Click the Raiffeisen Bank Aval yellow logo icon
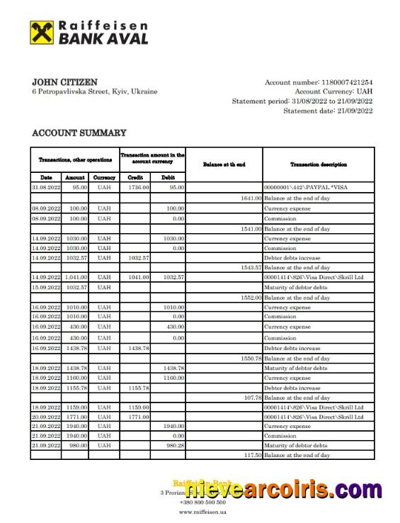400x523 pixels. click(41, 33)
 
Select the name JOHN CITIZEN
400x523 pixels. click(65, 82)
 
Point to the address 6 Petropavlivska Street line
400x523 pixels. click(95, 92)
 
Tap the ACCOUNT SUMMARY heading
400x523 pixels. click(79, 133)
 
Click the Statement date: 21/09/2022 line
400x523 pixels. click(328, 111)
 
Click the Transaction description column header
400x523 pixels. click(318, 164)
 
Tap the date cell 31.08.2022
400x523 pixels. click(46, 187)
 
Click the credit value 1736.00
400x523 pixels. click(139, 187)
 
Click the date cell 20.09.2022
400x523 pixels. click(46, 417)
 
